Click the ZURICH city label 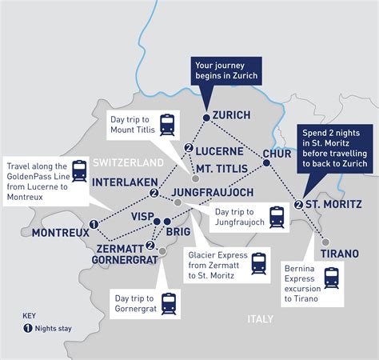pos(232,114)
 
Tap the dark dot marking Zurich pos(205,118)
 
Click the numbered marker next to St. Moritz pos(298,204)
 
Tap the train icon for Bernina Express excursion pos(331,278)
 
